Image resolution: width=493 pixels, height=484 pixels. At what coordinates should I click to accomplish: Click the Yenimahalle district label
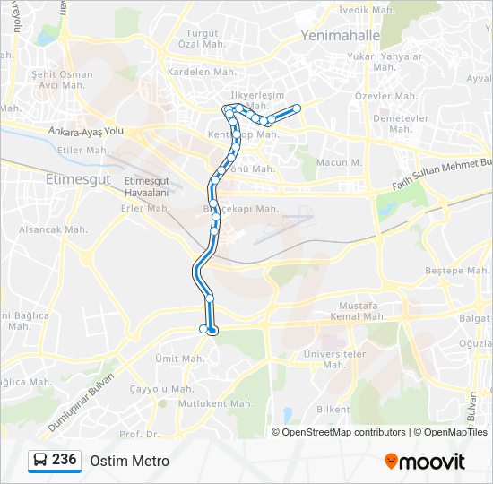[x=340, y=36]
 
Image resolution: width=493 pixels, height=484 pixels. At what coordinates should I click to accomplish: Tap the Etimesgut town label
[x=77, y=179]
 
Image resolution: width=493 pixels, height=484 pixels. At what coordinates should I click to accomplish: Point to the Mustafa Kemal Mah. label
[x=360, y=312]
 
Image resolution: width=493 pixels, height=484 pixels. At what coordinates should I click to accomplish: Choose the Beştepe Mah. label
[x=456, y=270]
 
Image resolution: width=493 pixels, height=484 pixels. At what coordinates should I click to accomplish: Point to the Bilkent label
[x=333, y=410]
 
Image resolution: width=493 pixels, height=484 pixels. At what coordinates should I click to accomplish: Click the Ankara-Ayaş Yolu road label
[x=86, y=131]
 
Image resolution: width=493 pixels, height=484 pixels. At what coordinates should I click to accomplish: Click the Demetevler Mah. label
[x=398, y=123]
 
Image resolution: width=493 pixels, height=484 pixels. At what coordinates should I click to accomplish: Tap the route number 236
[x=64, y=460]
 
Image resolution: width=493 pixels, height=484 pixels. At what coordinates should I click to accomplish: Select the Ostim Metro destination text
[x=129, y=461]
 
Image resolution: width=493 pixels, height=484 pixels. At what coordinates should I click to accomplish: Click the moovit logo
[x=425, y=462]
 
